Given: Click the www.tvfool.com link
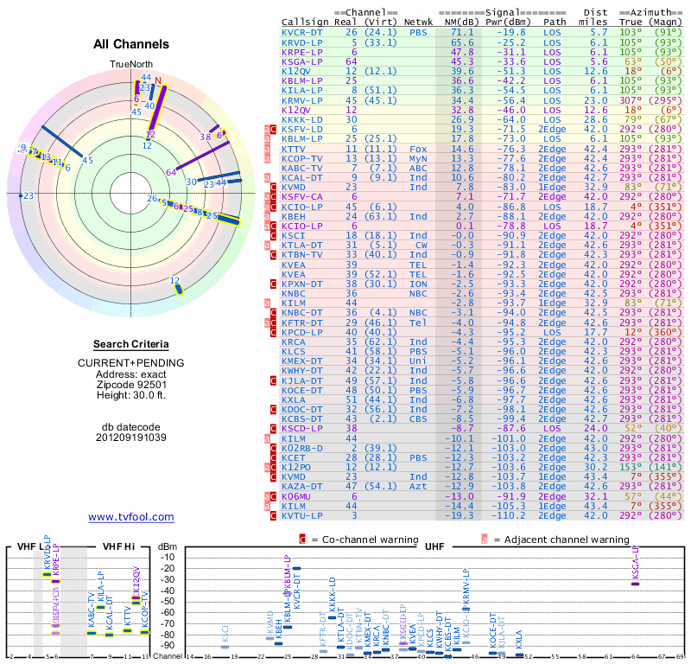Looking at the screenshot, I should [131, 517].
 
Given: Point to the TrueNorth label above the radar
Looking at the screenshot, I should [130, 65].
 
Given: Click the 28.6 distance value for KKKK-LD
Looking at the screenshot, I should [599, 120].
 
